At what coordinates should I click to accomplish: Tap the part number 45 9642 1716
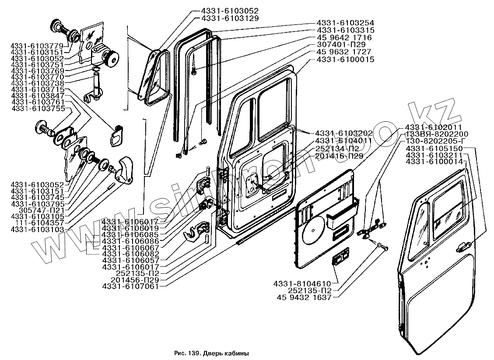[x=345, y=37]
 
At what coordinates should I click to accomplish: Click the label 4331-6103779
[x=37, y=46]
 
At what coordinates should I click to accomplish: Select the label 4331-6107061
[x=130, y=286]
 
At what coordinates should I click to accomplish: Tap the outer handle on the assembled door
[x=463, y=248]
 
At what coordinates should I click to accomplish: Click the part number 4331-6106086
[x=130, y=241]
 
